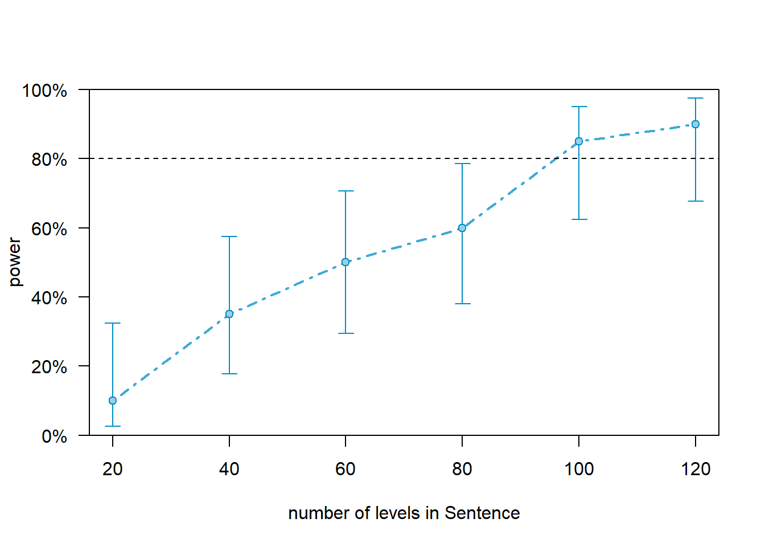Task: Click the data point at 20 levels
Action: pos(113,401)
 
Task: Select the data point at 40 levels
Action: pos(229,314)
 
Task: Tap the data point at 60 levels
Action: pos(346,262)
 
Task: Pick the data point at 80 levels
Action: pos(462,228)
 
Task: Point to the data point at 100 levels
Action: pos(579,141)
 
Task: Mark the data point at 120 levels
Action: pos(696,124)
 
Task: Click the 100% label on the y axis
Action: pos(44,91)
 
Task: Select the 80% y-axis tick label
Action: pos(49,160)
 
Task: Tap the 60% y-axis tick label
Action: pos(49,229)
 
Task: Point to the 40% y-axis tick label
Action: pos(49,298)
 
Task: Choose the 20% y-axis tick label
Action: pos(49,367)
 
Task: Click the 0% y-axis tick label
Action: pos(54,436)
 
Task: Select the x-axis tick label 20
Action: pos(113,469)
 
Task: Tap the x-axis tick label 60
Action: pos(346,469)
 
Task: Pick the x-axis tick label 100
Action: pos(579,469)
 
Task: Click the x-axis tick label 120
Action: pos(696,469)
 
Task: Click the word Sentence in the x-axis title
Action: pos(482,513)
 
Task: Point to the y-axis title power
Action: pos(15,262)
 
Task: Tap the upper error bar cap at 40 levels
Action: pos(229,236)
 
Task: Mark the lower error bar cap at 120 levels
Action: pos(696,201)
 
